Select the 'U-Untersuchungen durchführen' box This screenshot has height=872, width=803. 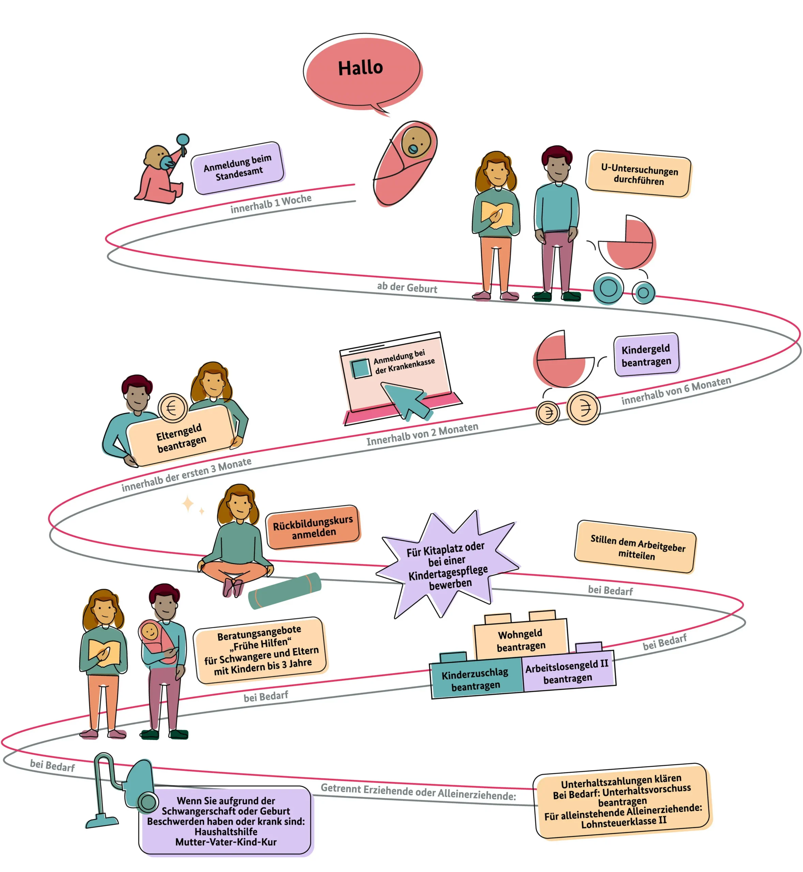[638, 174]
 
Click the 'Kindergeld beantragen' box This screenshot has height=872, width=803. [646, 355]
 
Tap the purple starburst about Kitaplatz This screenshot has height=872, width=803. [448, 565]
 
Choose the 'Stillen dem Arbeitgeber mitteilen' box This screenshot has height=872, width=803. [635, 547]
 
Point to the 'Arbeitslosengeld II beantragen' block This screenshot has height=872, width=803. [568, 671]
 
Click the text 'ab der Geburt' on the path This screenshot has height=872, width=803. [407, 287]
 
